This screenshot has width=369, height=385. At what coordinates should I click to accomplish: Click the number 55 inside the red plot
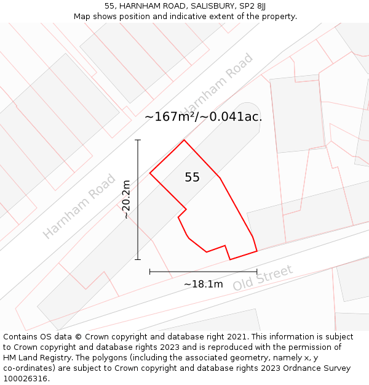coord(192,177)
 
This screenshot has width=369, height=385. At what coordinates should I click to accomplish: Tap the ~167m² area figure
coord(170,116)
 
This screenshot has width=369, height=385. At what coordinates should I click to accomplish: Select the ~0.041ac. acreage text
coord(232,116)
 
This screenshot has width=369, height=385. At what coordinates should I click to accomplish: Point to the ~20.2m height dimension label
coord(126,200)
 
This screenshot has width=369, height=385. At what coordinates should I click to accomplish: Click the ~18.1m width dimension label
coord(203,284)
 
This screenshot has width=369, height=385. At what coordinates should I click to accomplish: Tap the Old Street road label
coord(263,278)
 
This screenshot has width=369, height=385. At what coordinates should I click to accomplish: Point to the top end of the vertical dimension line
coord(138,140)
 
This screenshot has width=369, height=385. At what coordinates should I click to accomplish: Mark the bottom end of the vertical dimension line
coord(138,259)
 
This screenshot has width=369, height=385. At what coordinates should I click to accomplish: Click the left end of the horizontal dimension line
coord(150,271)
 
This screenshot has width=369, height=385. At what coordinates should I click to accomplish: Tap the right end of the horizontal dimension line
coord(257,271)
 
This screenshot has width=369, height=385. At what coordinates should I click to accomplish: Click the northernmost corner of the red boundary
coord(184,140)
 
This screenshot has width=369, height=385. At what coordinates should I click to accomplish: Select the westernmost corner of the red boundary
coord(150,173)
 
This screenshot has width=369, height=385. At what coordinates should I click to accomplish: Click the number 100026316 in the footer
coord(25,379)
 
